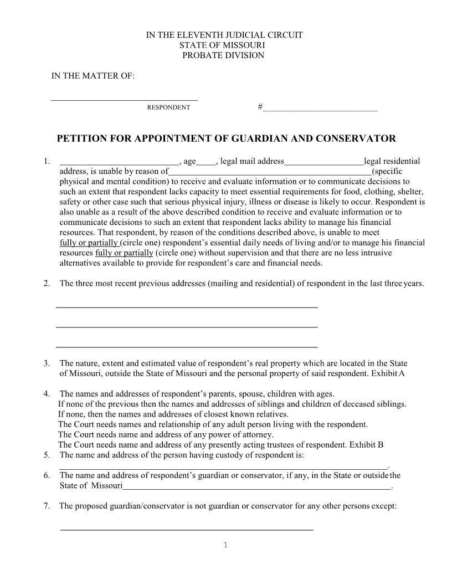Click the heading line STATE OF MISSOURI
[224, 45]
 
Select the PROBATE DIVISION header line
[224, 55]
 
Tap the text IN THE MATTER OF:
[93, 76]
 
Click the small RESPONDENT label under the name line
[168, 107]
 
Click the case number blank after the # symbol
[320, 107]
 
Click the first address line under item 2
[187, 306]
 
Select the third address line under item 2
[187, 346]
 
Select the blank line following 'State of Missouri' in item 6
[256, 487]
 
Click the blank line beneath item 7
[186, 530]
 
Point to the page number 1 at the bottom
[226, 545]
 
